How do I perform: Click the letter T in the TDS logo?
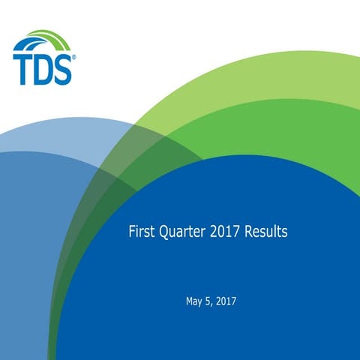click(22, 67)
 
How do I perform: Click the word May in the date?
click(194, 302)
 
